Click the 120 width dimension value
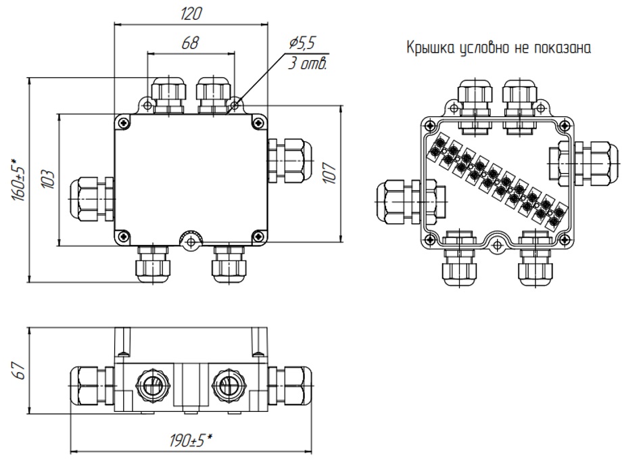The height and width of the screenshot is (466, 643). click(191, 14)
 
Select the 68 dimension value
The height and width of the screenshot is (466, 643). click(190, 43)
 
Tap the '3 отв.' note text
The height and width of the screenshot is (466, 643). click(307, 64)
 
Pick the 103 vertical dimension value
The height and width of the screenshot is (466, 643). click(49, 179)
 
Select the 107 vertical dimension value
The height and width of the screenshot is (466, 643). click(330, 173)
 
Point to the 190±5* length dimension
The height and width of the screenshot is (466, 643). click(191, 440)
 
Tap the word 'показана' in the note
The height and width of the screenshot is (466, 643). click(563, 49)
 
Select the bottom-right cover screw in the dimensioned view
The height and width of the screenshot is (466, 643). click(258, 235)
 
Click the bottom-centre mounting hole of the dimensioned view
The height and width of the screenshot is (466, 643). click(190, 242)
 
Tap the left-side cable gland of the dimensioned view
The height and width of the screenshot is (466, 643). click(92, 199)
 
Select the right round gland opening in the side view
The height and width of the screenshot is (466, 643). click(229, 386)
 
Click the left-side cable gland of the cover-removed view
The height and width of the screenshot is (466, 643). click(411, 202)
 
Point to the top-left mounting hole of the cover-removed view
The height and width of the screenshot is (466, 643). click(454, 108)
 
